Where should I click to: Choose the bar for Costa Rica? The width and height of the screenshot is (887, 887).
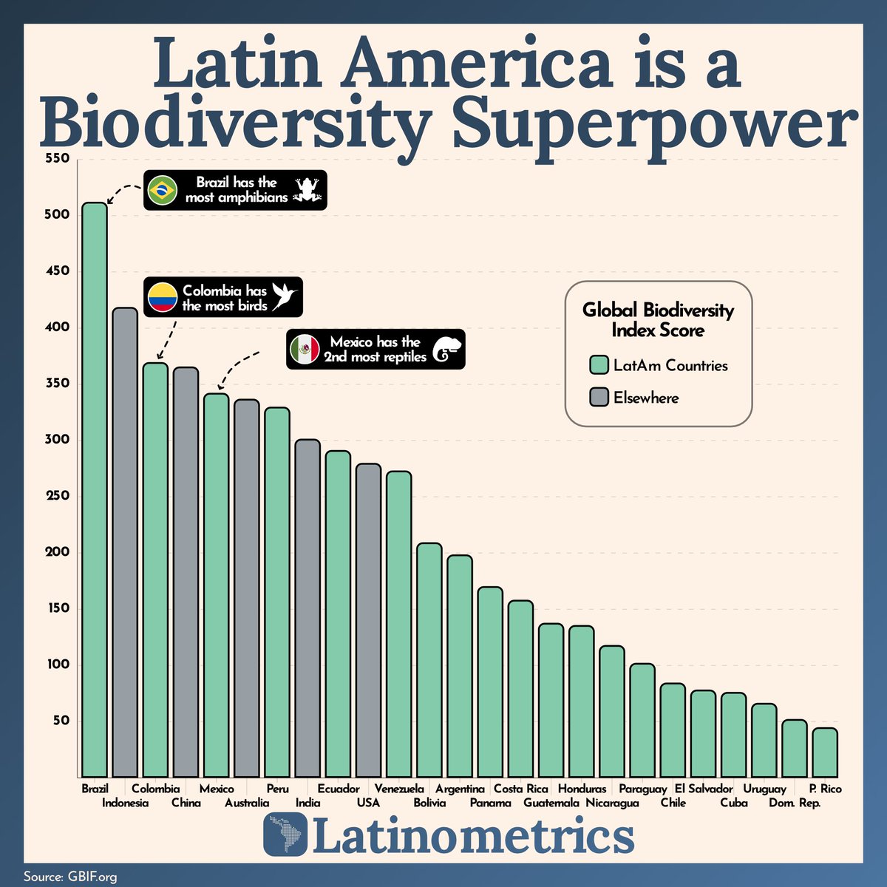tap(520, 688)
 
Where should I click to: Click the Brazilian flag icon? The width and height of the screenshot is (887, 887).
tap(162, 191)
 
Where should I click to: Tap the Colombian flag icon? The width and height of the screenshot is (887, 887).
tap(162, 297)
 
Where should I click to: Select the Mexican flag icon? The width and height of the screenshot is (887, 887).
tap(304, 349)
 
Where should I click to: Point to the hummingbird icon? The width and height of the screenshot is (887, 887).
tap(285, 296)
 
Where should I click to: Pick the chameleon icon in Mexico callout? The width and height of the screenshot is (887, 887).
tap(447, 350)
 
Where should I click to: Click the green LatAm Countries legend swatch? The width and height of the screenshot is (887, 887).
tap(599, 365)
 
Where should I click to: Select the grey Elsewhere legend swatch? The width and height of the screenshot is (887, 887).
tap(599, 398)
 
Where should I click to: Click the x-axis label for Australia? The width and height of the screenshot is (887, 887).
tap(247, 803)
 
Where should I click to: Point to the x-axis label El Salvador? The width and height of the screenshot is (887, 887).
tap(704, 789)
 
